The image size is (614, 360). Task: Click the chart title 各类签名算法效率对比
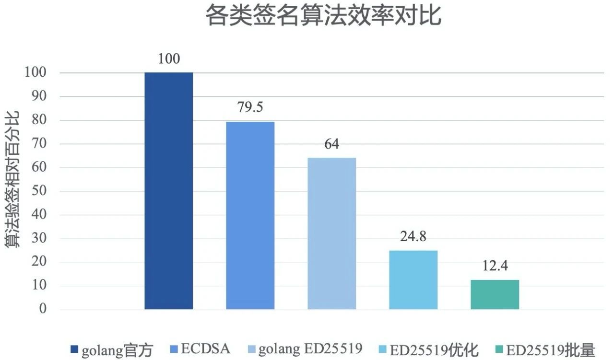point(323,16)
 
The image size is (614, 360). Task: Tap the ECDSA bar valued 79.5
point(250,215)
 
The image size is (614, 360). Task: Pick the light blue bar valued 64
point(332,233)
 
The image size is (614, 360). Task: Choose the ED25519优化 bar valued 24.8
point(413,280)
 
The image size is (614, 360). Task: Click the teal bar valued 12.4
point(495,294)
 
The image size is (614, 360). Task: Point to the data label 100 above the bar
point(169,59)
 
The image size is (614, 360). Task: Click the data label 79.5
point(250,107)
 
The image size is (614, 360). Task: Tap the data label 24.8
point(413,237)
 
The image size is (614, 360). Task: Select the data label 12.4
point(495,266)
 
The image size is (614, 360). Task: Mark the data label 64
point(332,144)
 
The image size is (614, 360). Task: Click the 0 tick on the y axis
point(43,309)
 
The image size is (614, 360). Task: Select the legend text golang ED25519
point(310,349)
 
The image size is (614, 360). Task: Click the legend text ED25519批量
point(550,349)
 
